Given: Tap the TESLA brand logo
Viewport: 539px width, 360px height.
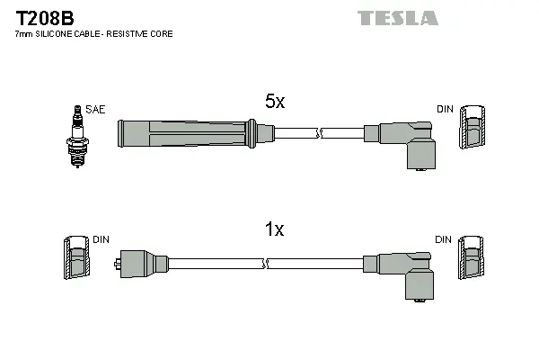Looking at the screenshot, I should click(x=397, y=18).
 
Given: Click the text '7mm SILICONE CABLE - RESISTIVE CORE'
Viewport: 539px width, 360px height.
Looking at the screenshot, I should click(x=94, y=34).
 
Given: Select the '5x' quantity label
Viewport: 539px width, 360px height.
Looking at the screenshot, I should click(x=274, y=103).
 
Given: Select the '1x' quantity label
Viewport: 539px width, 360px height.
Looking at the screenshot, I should click(x=274, y=230).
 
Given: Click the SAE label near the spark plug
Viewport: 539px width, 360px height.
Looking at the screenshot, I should click(x=96, y=109).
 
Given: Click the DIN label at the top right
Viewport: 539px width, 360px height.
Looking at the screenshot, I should click(x=445, y=109).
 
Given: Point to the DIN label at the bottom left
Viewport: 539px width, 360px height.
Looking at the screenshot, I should click(x=101, y=240).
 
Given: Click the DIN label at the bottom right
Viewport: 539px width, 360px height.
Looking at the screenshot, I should click(x=445, y=240).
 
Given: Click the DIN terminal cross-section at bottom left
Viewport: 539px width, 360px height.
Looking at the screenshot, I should click(x=76, y=262).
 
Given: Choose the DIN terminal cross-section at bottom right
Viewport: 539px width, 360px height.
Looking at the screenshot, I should click(x=471, y=262).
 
